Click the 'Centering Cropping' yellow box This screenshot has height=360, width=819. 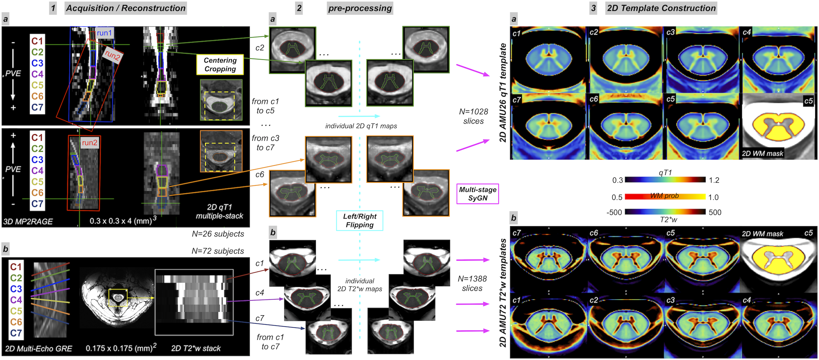[x=220, y=65]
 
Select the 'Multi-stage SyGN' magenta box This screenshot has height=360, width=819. [x=477, y=194]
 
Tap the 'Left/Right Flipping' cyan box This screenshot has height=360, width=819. [x=359, y=221]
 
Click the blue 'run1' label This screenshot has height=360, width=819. [x=104, y=33]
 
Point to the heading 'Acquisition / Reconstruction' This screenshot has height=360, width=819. [x=125, y=8]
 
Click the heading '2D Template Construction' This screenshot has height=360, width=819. [x=661, y=8]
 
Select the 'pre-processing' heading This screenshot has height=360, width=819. [x=360, y=8]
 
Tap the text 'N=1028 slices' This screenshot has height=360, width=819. [x=473, y=116]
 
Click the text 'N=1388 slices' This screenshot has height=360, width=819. [x=472, y=283]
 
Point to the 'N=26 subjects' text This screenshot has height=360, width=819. [x=218, y=234]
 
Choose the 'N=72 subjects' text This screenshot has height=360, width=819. [x=218, y=251]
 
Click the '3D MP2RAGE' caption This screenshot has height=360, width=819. [x=28, y=222]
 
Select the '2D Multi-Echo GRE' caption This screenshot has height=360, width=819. [x=39, y=349]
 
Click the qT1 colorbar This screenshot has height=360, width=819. [x=665, y=180]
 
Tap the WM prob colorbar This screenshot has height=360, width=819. [x=665, y=196]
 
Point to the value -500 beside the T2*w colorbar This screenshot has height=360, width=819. [x=614, y=212]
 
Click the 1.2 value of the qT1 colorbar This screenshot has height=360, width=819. [x=714, y=180]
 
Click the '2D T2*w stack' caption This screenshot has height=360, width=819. [x=196, y=348]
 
